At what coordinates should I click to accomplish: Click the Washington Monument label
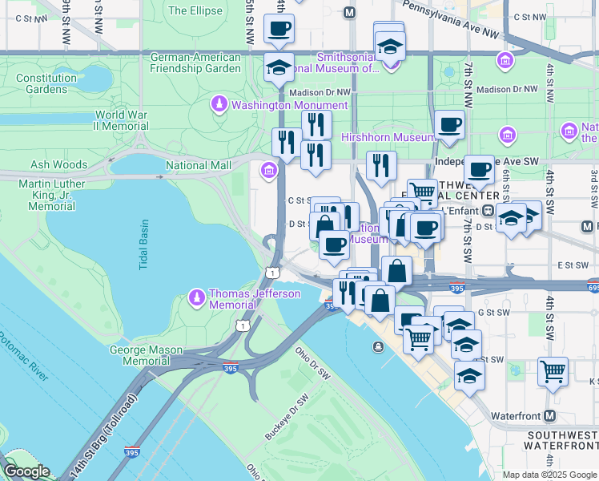pyautogui.click(x=289, y=105)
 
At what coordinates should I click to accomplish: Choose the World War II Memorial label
pyautogui.click(x=121, y=121)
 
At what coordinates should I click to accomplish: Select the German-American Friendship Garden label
pyautogui.click(x=195, y=63)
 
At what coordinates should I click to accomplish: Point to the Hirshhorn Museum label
pyautogui.click(x=376, y=138)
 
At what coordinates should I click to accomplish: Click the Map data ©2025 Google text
pyautogui.click(x=549, y=475)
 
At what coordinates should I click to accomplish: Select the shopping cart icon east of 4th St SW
pyautogui.click(x=553, y=371)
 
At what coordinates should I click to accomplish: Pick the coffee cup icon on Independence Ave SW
pyautogui.click(x=479, y=169)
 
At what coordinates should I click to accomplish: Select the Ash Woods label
pyautogui.click(x=58, y=164)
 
